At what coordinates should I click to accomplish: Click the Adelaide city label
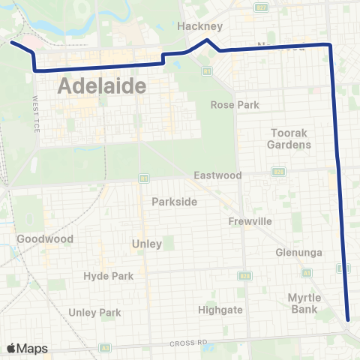click(x=100, y=85)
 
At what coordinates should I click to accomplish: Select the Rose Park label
click(x=235, y=105)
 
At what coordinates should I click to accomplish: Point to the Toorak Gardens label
click(x=290, y=138)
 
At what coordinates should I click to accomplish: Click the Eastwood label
click(x=217, y=175)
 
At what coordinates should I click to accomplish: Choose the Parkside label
click(x=174, y=202)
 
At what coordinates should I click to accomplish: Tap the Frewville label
click(x=250, y=221)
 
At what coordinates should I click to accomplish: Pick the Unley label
click(x=146, y=244)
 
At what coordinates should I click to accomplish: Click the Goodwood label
click(x=45, y=239)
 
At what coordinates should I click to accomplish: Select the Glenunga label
click(x=298, y=253)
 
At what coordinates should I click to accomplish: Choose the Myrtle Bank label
click(x=304, y=303)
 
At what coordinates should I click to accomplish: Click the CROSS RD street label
click(x=188, y=342)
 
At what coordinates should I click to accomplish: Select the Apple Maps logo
click(x=27, y=348)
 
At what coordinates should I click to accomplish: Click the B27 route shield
click(x=260, y=7)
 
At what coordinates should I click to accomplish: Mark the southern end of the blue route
click(x=349, y=317)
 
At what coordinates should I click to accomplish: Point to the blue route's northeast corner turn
click(x=329, y=46)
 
